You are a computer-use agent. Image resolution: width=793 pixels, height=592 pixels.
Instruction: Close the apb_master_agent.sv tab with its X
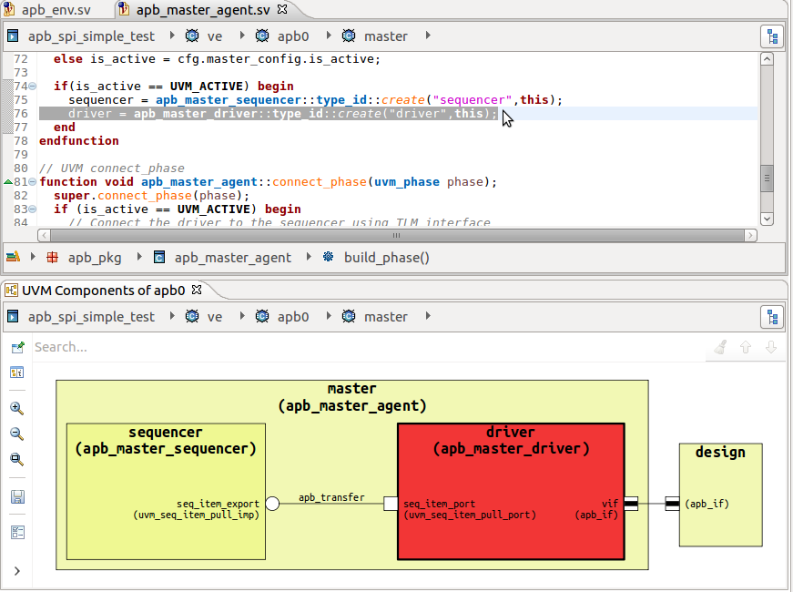point(282,10)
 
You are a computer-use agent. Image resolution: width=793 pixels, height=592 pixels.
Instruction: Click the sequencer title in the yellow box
point(166,433)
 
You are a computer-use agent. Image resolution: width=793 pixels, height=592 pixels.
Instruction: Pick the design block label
point(720,453)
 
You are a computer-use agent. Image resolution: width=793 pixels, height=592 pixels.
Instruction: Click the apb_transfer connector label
point(331,497)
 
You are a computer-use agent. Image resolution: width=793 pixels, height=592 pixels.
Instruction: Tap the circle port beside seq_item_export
point(271,504)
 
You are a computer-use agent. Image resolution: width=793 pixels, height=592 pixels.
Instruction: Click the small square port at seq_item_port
point(391,504)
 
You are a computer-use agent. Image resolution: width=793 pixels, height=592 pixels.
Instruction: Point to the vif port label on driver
point(610,503)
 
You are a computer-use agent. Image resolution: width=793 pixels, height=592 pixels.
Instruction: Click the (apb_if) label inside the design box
point(707,504)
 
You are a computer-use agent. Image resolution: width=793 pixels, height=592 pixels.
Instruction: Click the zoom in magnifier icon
point(16,408)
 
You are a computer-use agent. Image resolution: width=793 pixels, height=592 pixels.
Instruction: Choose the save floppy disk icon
point(16,497)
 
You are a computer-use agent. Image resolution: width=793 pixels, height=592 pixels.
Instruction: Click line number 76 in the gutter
point(21,114)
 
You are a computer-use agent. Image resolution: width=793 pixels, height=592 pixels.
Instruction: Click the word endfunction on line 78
point(79,141)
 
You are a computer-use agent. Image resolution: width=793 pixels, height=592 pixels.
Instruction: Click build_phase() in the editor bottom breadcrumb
point(386,258)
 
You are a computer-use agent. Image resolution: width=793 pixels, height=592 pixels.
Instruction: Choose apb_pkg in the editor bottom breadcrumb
point(95,258)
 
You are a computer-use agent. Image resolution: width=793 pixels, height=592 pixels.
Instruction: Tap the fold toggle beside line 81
point(32,182)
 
